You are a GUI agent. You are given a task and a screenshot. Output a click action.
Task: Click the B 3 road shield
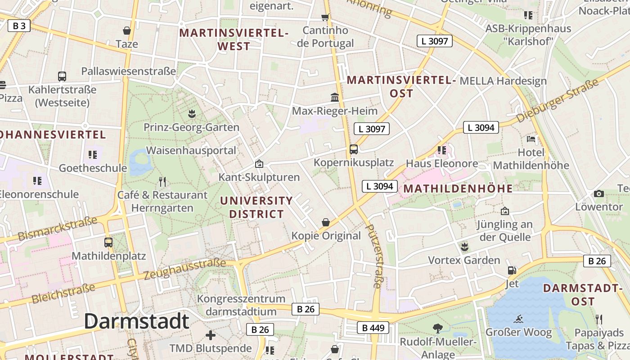pos(19,26)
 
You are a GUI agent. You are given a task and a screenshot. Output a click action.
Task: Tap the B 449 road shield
pos(373,328)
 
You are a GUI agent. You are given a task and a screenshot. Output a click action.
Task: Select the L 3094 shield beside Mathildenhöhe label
pos(380,186)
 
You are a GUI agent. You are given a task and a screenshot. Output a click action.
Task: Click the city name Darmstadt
pos(136,321)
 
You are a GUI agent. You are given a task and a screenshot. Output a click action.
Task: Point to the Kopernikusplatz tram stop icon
pos(354,149)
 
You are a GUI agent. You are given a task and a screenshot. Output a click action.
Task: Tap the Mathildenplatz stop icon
pos(108,242)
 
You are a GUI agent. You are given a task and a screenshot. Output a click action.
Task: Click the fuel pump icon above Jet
pos(512,270)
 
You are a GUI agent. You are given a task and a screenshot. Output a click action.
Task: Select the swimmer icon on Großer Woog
pos(518,319)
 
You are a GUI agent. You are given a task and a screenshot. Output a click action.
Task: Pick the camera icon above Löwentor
pos(598,193)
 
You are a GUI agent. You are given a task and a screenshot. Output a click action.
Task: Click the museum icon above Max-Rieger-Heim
pos(335,97)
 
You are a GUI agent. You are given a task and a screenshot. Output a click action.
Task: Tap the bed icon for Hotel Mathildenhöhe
pos(531,139)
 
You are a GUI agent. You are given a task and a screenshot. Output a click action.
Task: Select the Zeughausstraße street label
pos(184,269)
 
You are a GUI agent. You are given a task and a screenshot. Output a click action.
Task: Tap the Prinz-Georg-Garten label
pos(191,127)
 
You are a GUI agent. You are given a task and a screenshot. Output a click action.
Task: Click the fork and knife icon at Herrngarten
pos(162,181)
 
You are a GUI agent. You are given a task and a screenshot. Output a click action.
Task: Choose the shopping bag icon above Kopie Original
pos(326,222)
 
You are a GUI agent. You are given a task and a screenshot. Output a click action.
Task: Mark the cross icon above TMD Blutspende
pos(210,335)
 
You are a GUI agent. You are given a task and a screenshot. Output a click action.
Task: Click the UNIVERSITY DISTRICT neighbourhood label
pos(256,207)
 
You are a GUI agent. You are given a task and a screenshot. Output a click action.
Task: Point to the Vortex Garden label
pos(464,260)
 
